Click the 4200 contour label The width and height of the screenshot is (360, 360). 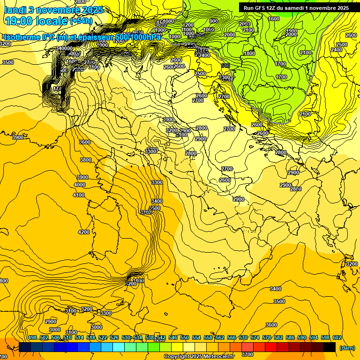point(84,232)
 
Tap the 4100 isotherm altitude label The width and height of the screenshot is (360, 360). point(79,195)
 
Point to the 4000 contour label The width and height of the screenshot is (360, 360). point(80,185)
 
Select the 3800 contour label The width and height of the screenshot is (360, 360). point(86,160)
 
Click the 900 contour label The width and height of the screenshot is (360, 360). point(214,21)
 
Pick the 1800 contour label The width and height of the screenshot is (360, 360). point(249,54)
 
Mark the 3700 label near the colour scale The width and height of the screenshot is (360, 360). point(247,355)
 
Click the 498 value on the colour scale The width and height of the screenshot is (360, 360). point(32,337)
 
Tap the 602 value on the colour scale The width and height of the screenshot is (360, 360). point(337,337)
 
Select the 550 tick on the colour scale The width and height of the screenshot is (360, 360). point(185,337)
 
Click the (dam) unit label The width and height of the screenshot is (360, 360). point(347,348)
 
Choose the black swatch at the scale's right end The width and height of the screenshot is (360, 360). point(330,347)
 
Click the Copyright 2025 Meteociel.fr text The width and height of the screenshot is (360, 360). point(199,356)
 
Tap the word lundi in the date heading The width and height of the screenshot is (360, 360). point(15,9)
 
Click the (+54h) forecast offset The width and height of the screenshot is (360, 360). point(81,21)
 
